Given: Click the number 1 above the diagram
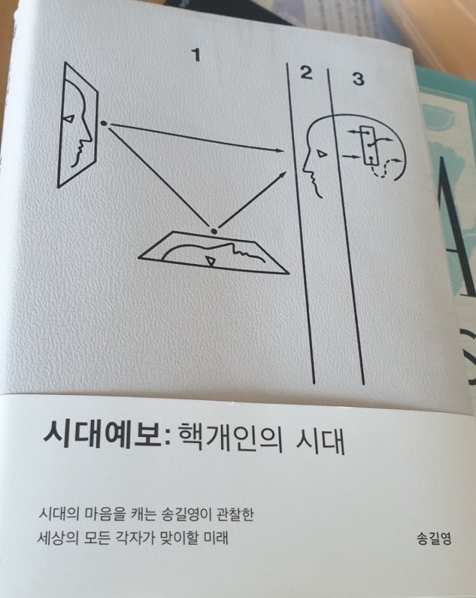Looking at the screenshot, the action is point(196,55).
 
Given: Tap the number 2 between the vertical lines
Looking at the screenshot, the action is point(306,72).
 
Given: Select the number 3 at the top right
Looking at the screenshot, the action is point(358,79).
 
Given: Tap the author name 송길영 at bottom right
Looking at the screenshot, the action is point(434,539).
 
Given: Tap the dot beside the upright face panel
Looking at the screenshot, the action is point(103,123).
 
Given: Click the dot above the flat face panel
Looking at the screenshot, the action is point(214,231).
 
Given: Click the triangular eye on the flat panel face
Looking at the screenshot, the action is point(210,261).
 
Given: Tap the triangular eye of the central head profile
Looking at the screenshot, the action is point(322,154).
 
